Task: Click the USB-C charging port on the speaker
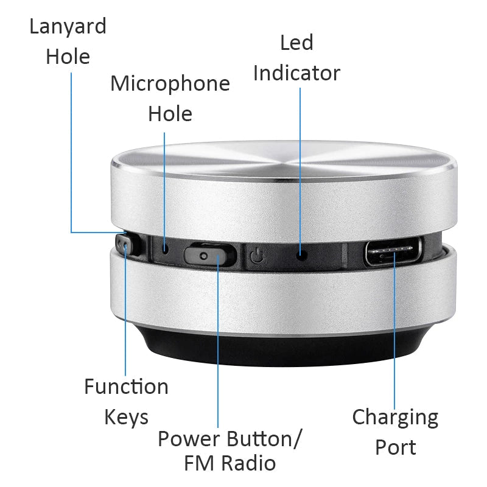coord(393,253)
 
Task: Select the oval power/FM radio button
coord(208,254)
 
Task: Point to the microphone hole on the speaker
coord(165,248)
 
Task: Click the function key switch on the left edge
coord(125,247)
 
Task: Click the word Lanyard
coord(68,27)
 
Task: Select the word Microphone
coord(170,83)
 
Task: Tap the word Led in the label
coord(296,43)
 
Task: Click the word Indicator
coord(296,73)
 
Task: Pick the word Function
coord(126,387)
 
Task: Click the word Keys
coord(126,418)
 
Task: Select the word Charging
coord(395,418)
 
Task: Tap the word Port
coord(395,448)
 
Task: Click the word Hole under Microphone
coord(170,114)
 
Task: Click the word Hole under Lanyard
coord(68,57)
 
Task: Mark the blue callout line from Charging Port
coord(394,341)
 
